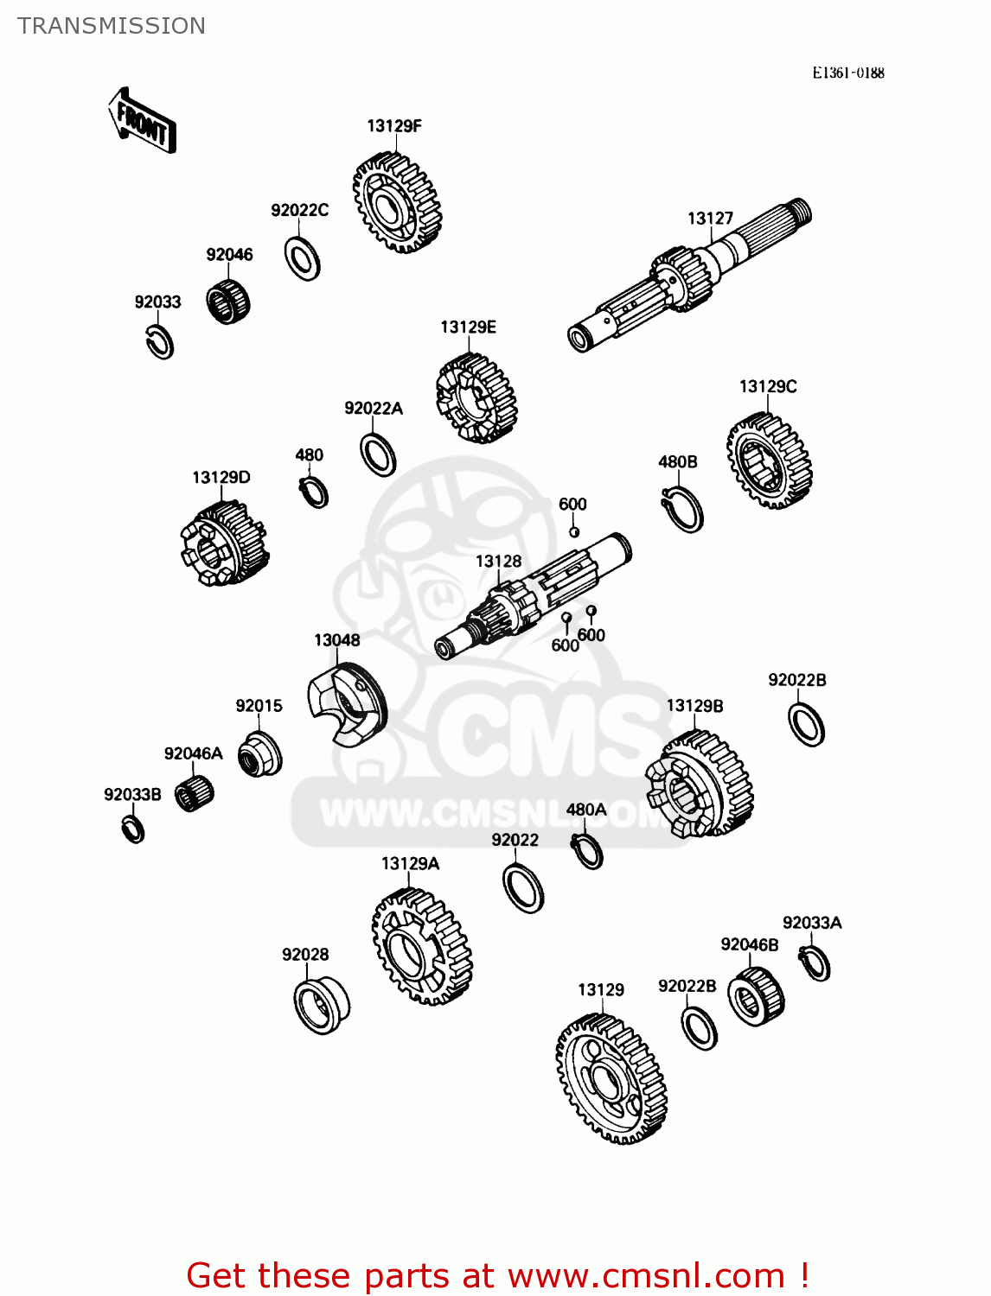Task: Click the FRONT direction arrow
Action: [142, 121]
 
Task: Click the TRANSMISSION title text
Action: [111, 26]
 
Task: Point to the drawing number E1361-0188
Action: [847, 73]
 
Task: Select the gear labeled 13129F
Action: [397, 202]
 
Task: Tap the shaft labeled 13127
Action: [689, 275]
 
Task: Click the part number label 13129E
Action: [468, 327]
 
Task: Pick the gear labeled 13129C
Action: [769, 460]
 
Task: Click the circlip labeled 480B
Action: [683, 508]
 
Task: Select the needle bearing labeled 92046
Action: [228, 302]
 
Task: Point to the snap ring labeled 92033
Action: [160, 342]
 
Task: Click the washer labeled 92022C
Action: [303, 258]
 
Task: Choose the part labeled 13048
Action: [348, 704]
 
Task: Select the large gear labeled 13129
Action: [611, 1078]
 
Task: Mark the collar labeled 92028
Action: [322, 1004]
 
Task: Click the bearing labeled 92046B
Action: [756, 997]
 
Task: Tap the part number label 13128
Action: [498, 561]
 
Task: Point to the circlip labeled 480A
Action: [587, 851]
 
